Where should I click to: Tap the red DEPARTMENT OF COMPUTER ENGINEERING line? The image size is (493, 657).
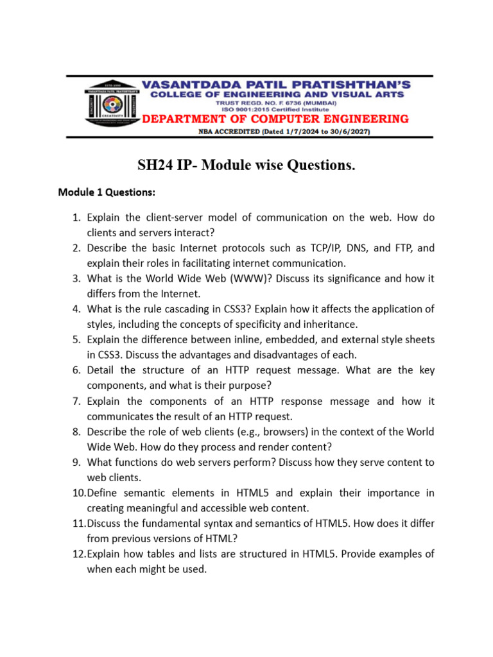[x=275, y=119]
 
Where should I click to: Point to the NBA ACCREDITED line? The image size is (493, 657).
[x=275, y=132]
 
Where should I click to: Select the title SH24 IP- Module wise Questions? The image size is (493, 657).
[x=246, y=166]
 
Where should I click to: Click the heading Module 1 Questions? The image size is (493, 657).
[x=106, y=191]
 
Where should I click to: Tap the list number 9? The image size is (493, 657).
[x=75, y=461]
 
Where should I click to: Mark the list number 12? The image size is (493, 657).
[x=77, y=554]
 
